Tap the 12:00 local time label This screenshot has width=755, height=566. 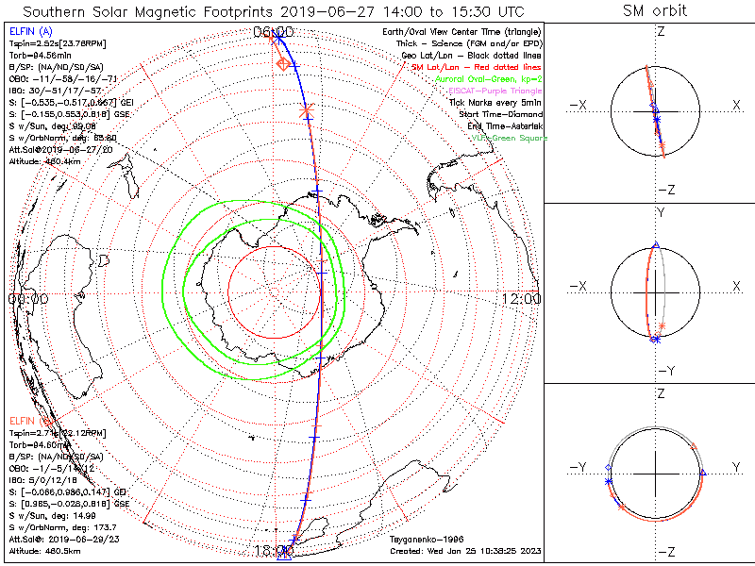[521, 298]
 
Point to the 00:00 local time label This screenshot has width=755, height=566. [27, 298]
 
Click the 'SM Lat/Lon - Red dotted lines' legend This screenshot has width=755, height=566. [478, 67]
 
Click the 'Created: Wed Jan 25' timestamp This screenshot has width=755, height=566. [463, 548]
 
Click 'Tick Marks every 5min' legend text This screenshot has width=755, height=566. [498, 102]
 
